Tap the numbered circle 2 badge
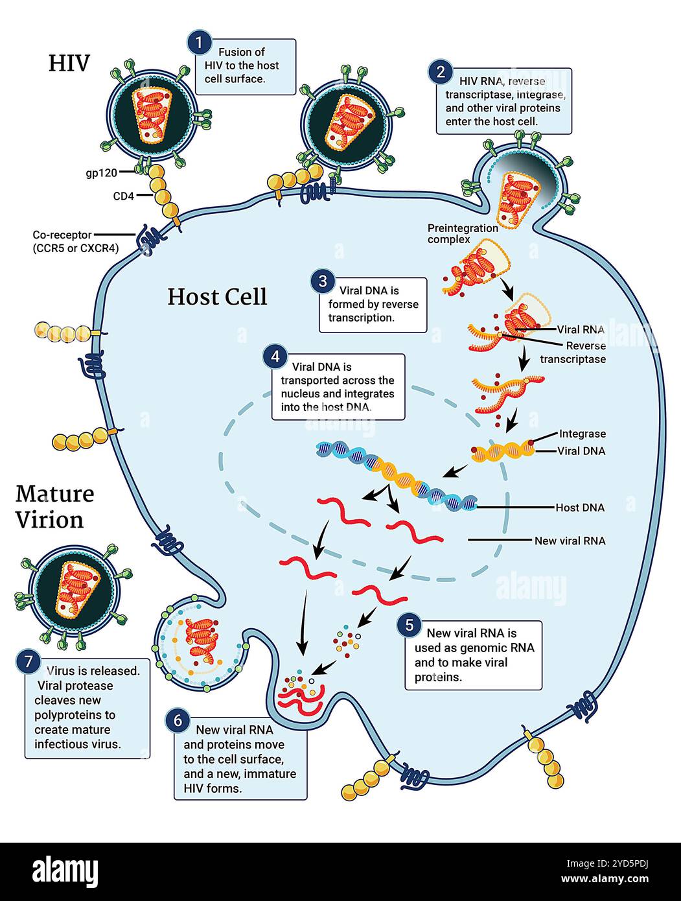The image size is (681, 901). click(x=441, y=71)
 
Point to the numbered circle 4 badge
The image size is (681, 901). click(x=275, y=357)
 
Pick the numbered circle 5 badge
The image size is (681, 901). click(x=409, y=625)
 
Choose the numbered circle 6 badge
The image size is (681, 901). click(x=178, y=720)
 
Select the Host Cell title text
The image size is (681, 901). click(x=217, y=297)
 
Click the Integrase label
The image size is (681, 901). click(x=582, y=434)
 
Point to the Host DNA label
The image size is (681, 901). click(x=580, y=508)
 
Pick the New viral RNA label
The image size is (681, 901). click(x=570, y=540)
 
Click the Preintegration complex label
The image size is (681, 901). click(x=463, y=233)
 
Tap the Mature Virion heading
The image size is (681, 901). click(x=54, y=506)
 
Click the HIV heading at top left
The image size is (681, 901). click(x=69, y=63)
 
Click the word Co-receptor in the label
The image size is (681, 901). click(x=62, y=235)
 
